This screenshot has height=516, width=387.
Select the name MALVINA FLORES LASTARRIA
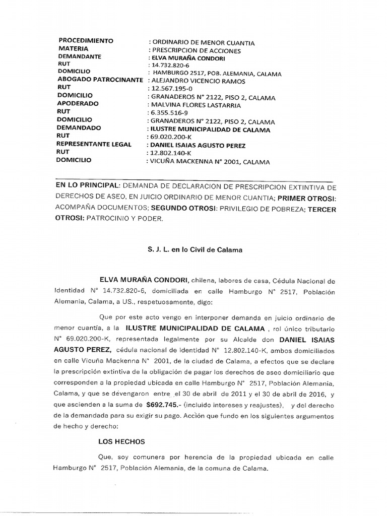[193, 105]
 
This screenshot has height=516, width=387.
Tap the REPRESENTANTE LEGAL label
[95, 145]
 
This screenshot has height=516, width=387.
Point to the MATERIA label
[74, 49]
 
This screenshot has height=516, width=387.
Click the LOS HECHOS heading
[121, 442]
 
